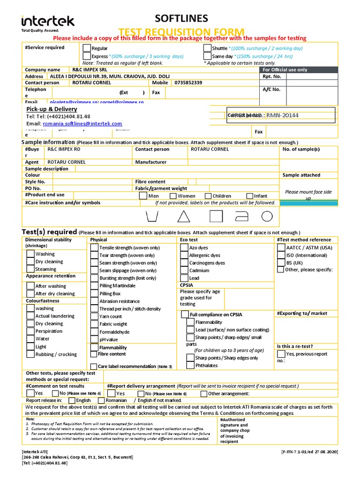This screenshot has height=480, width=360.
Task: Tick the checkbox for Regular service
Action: (87, 48)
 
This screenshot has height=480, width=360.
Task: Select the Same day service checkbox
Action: (208, 56)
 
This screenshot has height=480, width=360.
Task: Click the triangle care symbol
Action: (183, 216)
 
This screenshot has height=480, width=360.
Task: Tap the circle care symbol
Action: (267, 216)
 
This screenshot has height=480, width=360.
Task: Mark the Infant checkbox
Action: (249, 196)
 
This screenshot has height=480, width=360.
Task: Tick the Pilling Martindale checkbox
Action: (94, 285)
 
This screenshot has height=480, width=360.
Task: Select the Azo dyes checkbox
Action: (184, 247)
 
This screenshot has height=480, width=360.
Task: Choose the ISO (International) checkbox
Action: (280, 255)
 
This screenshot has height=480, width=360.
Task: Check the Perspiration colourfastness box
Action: (30, 331)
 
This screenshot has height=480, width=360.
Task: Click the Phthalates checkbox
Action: (190, 366)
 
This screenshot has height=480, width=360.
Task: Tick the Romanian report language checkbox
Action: (101, 400)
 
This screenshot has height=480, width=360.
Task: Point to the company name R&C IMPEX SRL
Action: (82, 69)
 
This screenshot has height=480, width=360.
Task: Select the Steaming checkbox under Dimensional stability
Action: (30, 269)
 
